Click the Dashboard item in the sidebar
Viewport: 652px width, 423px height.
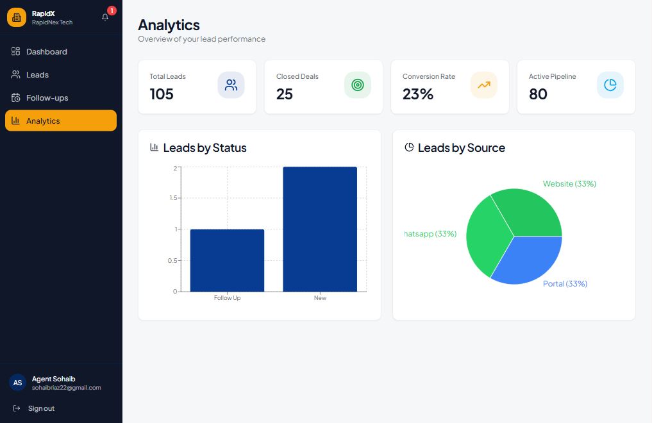tap(46, 52)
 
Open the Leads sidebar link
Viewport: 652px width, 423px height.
tap(37, 75)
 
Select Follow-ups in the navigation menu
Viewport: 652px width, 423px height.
tap(47, 98)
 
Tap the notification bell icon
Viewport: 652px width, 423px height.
tap(106, 17)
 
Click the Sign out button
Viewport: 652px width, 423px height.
tap(41, 408)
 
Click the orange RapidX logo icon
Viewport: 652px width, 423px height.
tap(17, 17)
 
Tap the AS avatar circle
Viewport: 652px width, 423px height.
tap(17, 383)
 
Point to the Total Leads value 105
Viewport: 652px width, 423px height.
tap(162, 94)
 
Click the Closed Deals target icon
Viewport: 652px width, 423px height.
tap(357, 85)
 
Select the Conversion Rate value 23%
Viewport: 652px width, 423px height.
tap(418, 94)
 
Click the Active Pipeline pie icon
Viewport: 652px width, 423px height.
tap(610, 85)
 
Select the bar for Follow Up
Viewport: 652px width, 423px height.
tap(227, 260)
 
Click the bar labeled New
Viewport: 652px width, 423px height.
tap(320, 229)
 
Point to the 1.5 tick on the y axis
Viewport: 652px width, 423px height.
tap(172, 198)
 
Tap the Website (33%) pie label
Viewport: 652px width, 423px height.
tap(569, 184)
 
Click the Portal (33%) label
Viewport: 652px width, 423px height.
tap(565, 284)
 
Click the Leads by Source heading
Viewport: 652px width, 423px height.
tap(461, 148)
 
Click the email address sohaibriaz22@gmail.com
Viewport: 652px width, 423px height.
tap(67, 388)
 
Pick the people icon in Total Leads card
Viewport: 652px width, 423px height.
tap(231, 85)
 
